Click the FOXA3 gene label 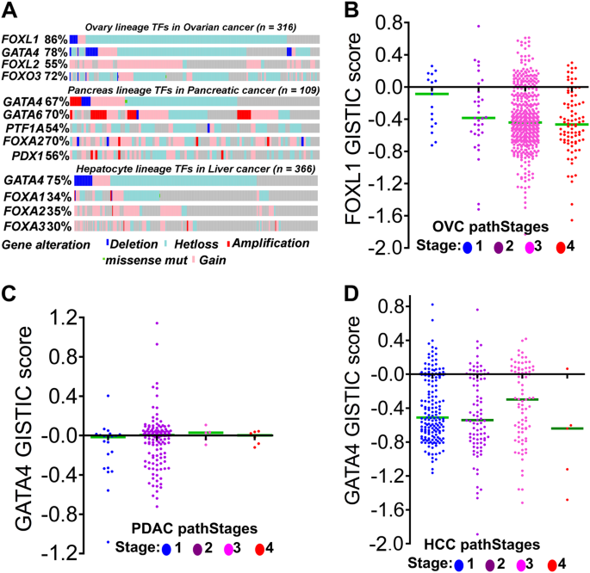point(22,225)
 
